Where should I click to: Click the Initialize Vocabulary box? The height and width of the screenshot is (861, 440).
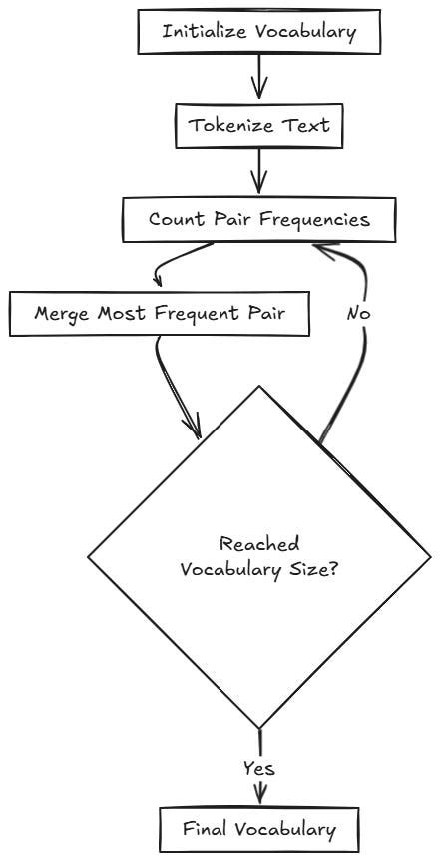click(260, 31)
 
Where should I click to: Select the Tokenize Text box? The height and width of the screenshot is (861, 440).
click(260, 126)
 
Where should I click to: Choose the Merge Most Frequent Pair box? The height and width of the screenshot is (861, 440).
click(160, 313)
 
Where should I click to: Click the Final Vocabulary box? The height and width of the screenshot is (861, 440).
click(259, 828)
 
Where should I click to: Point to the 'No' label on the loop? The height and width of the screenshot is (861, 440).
click(360, 313)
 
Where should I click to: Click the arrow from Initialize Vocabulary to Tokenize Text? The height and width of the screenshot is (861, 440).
click(260, 76)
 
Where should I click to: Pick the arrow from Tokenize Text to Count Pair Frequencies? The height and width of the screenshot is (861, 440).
click(260, 171)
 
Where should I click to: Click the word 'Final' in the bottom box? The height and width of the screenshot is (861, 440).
click(205, 828)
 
